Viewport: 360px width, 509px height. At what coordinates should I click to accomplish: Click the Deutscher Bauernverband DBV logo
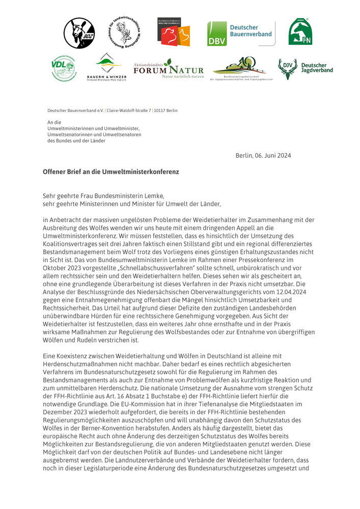pyautogui.click(x=241, y=34)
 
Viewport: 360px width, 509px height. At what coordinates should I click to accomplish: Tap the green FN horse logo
pyautogui.click(x=300, y=32)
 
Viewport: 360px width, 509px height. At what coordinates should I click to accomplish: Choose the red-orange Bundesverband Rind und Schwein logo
pyautogui.click(x=173, y=32)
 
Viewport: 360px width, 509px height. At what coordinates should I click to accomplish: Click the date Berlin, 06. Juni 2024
pyautogui.click(x=263, y=155)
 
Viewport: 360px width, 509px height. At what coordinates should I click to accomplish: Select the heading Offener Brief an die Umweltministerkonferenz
pyautogui.click(x=110, y=172)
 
